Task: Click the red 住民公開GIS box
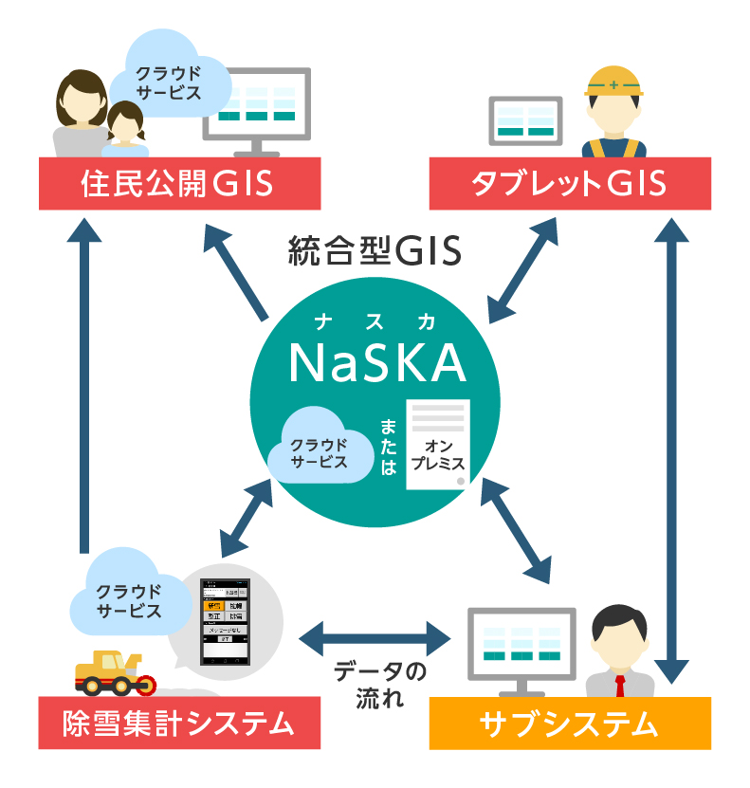pyautogui.click(x=176, y=182)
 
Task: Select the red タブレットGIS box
pyautogui.click(x=569, y=183)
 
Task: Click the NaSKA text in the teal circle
pyautogui.click(x=376, y=362)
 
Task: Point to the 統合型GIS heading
pyautogui.click(x=374, y=251)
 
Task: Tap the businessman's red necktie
pyautogui.click(x=619, y=685)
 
